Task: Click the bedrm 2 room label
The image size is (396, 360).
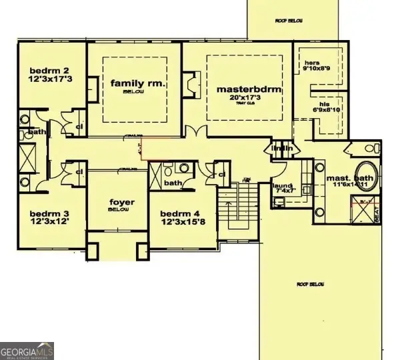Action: [x=46, y=70]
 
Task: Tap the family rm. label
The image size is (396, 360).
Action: [x=138, y=83]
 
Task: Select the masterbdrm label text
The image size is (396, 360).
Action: [x=245, y=89]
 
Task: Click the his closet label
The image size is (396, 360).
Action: [x=305, y=103]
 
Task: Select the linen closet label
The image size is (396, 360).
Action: [x=279, y=148]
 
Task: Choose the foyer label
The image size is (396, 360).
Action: [x=122, y=202]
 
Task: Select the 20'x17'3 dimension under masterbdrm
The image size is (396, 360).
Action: [x=244, y=98]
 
